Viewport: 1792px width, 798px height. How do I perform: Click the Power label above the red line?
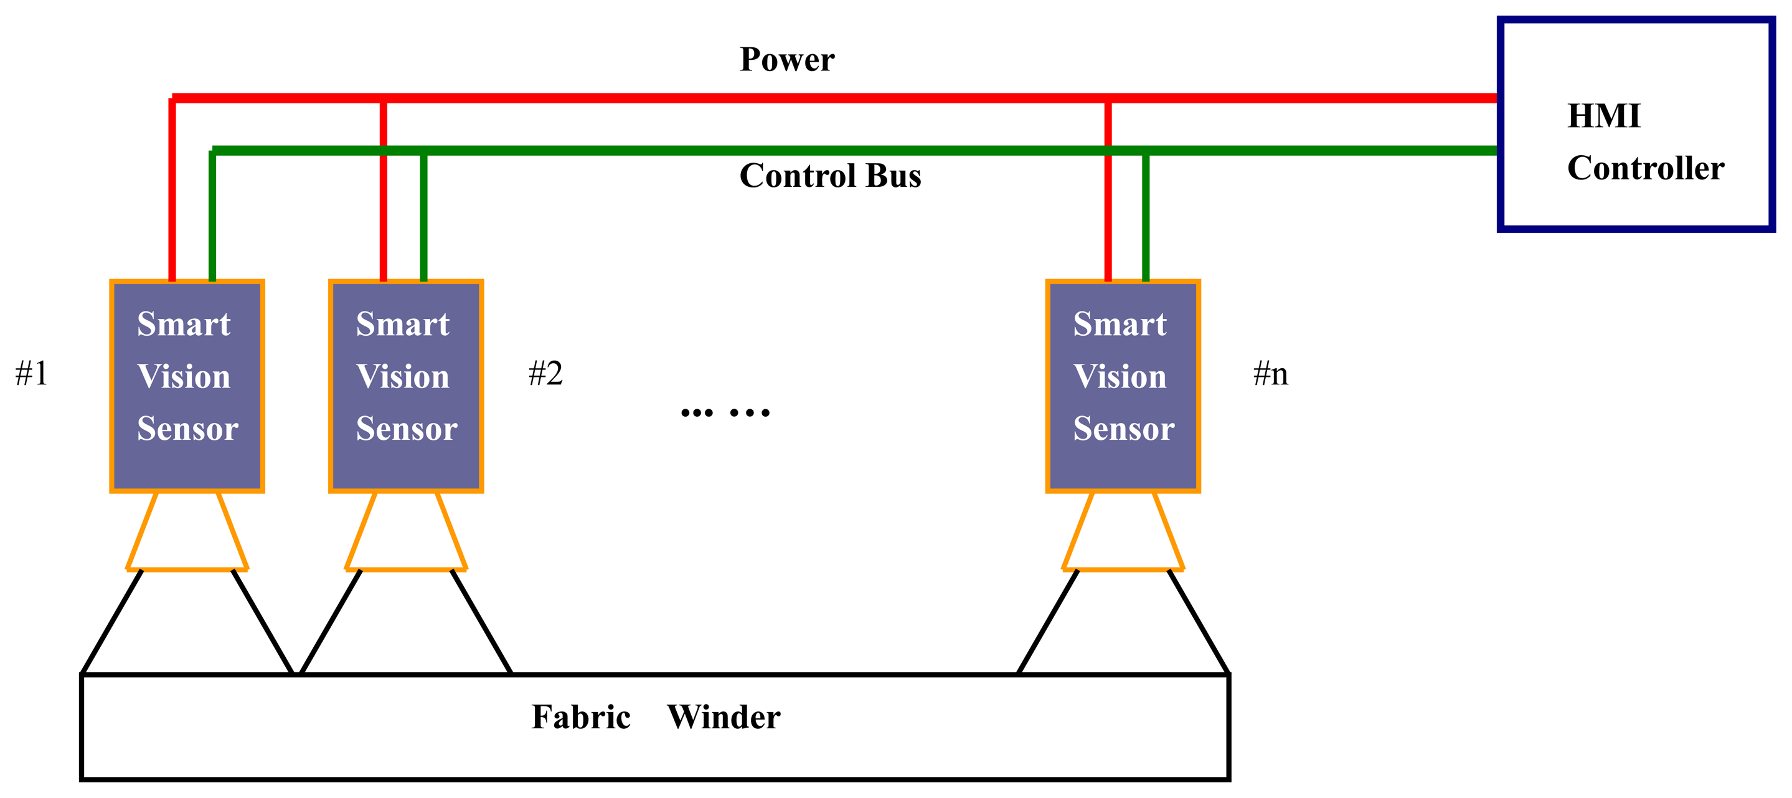(787, 60)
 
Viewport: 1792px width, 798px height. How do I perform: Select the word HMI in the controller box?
(1603, 116)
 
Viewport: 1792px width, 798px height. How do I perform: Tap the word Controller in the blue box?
(1645, 168)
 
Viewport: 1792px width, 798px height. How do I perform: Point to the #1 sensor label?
(32, 374)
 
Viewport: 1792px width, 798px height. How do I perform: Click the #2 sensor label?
(545, 374)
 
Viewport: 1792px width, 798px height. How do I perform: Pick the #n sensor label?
(1270, 374)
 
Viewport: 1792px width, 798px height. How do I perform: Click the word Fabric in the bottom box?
(581, 717)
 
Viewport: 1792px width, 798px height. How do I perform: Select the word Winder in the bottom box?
(724, 717)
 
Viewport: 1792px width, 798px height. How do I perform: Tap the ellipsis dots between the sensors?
(725, 412)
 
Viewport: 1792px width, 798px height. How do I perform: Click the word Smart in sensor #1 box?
(184, 324)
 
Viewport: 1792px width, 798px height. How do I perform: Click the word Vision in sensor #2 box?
(403, 377)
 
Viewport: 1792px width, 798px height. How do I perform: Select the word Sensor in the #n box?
(1123, 429)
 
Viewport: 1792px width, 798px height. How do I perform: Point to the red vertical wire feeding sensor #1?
(172, 195)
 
